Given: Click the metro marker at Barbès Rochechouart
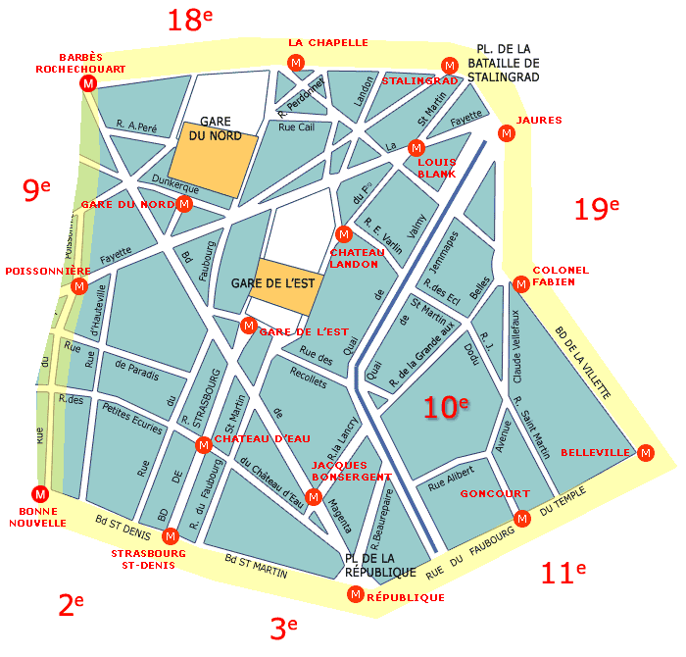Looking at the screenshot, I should coord(88,84).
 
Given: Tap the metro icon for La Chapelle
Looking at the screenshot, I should coord(295,63).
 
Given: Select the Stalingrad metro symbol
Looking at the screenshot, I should coord(449,65).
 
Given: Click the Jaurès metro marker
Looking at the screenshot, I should coord(507,134).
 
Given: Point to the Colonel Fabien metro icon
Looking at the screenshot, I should coord(521,284).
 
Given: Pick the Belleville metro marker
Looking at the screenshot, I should coord(645,453).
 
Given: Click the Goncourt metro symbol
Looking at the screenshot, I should coord(521,518).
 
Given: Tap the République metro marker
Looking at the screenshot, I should coord(355,594).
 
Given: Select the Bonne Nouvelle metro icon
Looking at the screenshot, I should coord(40,494).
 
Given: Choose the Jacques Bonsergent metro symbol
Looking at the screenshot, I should coord(314,496).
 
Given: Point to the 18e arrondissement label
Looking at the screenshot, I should coord(189,19).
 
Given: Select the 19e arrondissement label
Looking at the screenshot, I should coord(597,209).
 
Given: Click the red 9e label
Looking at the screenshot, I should coord(36,189).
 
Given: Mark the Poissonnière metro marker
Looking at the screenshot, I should coord(79,286).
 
